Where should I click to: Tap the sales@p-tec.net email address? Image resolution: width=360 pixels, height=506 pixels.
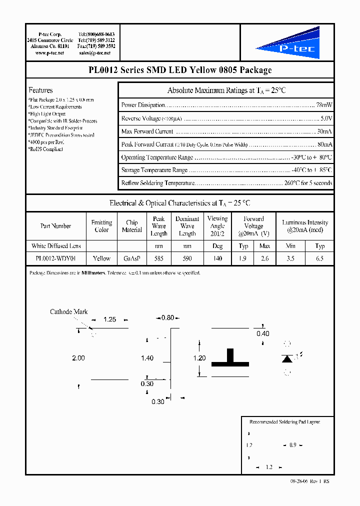tap(96, 52)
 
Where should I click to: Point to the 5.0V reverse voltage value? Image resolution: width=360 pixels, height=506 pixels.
tap(326, 118)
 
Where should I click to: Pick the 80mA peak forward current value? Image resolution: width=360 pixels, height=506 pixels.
tap(324, 144)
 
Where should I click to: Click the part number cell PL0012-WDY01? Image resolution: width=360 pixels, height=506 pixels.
tap(55, 258)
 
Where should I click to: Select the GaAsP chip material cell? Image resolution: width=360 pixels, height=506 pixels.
tap(132, 258)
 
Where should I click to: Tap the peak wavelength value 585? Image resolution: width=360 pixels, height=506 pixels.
tap(158, 258)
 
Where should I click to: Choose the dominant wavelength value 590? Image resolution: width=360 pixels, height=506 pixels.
tap(187, 258)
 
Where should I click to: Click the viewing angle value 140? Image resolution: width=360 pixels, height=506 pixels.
tap(217, 258)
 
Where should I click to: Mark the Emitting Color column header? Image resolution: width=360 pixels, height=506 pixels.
tap(101, 226)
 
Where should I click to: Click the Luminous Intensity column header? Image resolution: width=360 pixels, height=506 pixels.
tap(305, 226)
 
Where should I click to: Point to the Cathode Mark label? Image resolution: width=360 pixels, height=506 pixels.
tap(68, 312)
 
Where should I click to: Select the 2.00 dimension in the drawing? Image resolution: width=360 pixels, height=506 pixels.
tap(78, 358)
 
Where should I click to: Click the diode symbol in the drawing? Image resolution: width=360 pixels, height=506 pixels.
tap(287, 358)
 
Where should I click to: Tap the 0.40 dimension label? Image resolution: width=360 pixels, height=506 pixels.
tap(262, 333)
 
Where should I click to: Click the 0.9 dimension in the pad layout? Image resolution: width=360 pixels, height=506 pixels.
tap(293, 445)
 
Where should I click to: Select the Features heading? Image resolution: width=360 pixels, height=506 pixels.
tap(40, 90)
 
